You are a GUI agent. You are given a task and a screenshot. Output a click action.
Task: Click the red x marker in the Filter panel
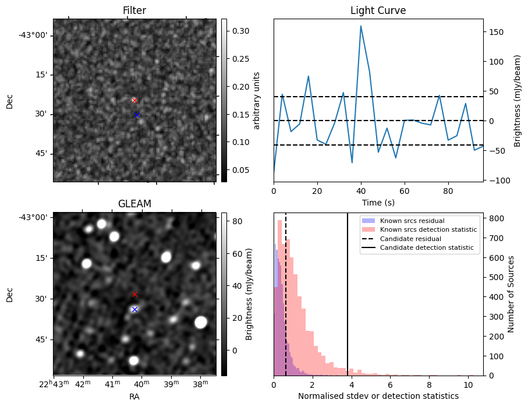pyautogui.click(x=134, y=100)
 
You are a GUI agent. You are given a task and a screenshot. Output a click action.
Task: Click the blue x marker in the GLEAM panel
pyautogui.click(x=134, y=309)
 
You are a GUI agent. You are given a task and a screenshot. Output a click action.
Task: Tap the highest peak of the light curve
pyautogui.click(x=361, y=26)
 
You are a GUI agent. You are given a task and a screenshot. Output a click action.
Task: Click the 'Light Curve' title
pyautogui.click(x=378, y=11)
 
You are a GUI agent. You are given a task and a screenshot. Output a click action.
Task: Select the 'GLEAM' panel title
pyautogui.click(x=134, y=204)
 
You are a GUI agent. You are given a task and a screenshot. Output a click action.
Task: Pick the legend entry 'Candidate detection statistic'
pyautogui.click(x=426, y=248)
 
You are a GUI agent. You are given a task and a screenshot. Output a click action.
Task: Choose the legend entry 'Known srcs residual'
pyautogui.click(x=412, y=221)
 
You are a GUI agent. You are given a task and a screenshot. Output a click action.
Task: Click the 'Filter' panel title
pyautogui.click(x=134, y=11)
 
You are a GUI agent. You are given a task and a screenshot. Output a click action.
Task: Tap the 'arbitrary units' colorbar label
pyautogui.click(x=257, y=100)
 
